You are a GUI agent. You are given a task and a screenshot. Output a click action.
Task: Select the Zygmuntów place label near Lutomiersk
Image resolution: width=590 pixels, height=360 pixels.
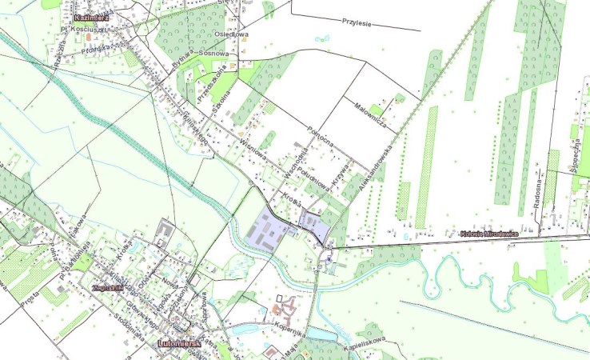pos(106,286)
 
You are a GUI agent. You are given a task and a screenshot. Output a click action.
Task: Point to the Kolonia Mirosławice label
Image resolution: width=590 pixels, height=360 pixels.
pos(489,233)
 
